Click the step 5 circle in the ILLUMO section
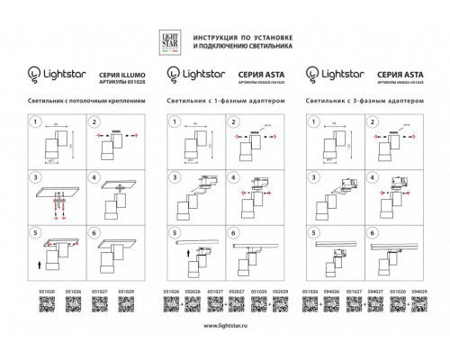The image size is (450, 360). [x=37, y=231]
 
